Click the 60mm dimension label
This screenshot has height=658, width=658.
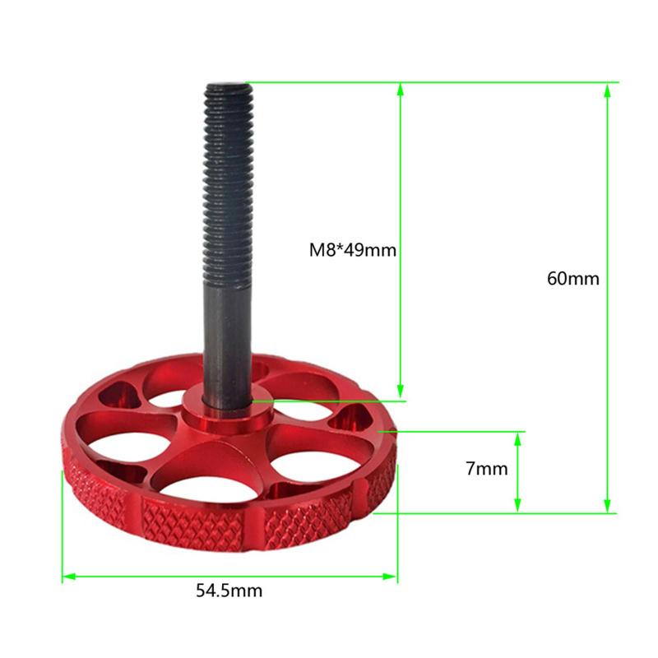[x=572, y=279]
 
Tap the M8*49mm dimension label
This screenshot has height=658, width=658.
[x=353, y=250]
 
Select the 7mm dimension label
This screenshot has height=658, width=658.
[x=486, y=468]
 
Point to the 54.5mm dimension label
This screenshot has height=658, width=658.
[x=229, y=591]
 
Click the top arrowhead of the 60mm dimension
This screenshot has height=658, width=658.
[x=607, y=90]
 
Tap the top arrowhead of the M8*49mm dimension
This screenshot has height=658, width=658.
[x=401, y=90]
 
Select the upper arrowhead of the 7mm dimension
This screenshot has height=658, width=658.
[x=517, y=439]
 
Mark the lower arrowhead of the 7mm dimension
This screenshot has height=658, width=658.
[x=517, y=506]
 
